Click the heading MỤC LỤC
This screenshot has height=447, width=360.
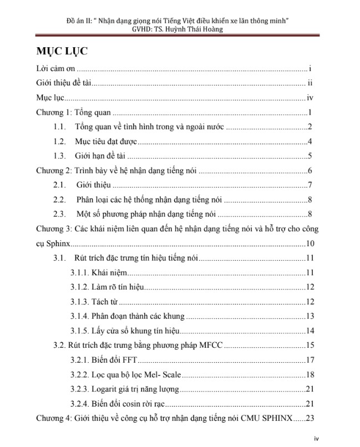point(62,51)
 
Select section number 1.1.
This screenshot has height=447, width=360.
point(60,127)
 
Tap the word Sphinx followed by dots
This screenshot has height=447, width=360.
point(49,243)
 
